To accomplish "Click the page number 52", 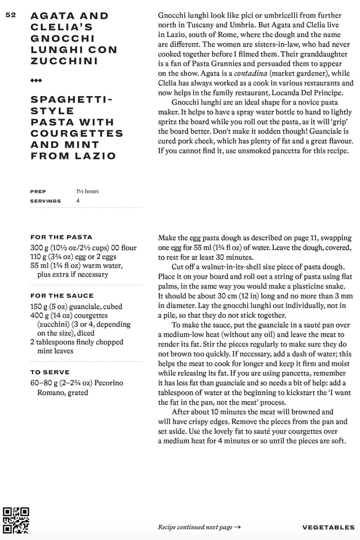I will point(11,15).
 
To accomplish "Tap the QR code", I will point(16,520).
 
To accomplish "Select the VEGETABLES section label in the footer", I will point(328,527).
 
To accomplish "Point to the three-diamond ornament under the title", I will point(36,81).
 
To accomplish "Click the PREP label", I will point(38,192).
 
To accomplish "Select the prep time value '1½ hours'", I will point(87,191).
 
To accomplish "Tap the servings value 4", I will point(78,201).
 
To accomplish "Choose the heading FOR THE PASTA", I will point(61,237).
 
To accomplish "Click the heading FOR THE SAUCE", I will point(62,296).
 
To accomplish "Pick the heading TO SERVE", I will point(50,372).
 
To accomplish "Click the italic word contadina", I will point(251,74).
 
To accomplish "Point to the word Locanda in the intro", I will point(293,93).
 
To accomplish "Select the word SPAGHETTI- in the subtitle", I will point(72,100).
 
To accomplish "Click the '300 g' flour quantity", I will point(39,248).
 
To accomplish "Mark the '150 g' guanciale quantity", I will point(39,306).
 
